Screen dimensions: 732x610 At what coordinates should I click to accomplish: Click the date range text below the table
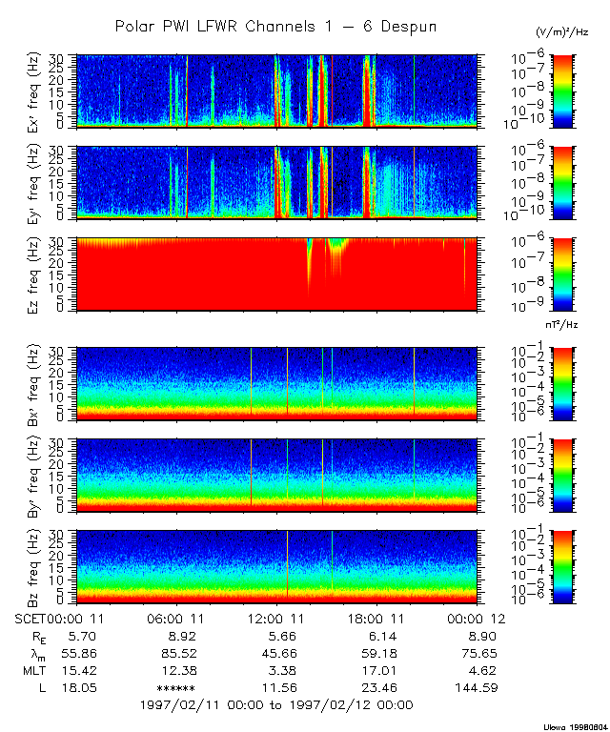tap(276, 705)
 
